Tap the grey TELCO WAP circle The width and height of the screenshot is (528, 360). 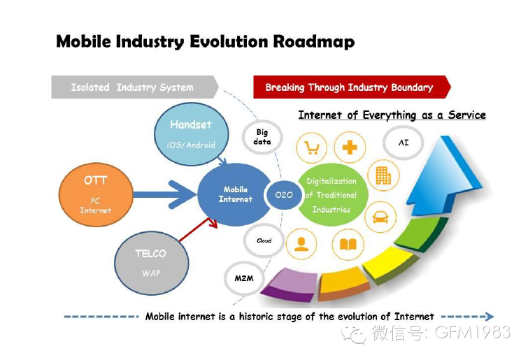(151, 262)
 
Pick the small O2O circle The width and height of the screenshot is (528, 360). (283, 195)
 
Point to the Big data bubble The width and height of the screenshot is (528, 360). (262, 137)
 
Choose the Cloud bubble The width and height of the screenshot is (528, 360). (264, 240)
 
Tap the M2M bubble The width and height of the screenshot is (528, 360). (244, 278)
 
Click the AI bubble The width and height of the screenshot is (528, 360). (404, 142)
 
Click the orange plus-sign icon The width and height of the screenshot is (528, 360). (349, 147)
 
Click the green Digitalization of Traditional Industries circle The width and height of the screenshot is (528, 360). (332, 195)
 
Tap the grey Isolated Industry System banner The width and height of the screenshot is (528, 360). (133, 87)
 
